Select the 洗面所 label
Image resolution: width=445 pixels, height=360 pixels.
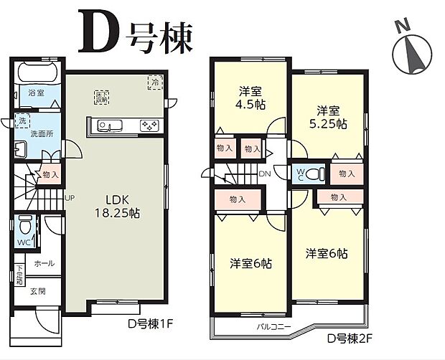click(x=42, y=134)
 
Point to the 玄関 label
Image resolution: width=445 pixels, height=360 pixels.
click(x=38, y=291)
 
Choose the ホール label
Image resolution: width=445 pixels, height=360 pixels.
click(x=43, y=263)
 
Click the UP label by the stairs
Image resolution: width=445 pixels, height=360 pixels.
click(x=70, y=197)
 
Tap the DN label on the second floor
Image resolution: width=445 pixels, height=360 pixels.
click(x=265, y=174)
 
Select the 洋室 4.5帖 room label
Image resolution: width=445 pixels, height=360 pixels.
click(x=250, y=97)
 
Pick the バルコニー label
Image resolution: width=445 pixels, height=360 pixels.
click(x=273, y=326)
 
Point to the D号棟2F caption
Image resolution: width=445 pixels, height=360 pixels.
click(x=352, y=337)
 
